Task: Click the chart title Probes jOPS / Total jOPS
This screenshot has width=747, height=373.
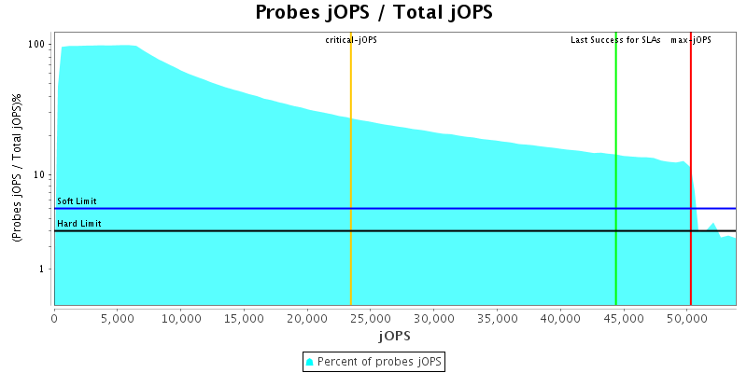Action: [x=373, y=13]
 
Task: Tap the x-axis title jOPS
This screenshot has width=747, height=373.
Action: [x=394, y=335]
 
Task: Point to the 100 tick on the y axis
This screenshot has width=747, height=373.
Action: [x=37, y=45]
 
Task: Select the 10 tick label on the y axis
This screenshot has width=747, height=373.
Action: [x=40, y=174]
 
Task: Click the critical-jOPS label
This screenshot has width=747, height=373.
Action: [x=351, y=40]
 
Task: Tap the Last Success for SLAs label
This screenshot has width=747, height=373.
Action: [x=615, y=40]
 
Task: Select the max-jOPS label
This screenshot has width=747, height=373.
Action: [x=691, y=40]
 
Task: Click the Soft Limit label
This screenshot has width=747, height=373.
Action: [x=77, y=201]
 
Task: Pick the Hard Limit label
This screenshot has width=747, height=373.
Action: [x=79, y=224]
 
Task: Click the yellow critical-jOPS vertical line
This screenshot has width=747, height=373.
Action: [x=350, y=186]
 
